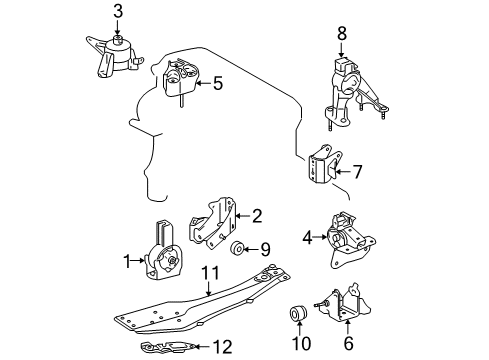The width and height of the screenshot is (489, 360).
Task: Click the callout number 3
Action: pos(118,11)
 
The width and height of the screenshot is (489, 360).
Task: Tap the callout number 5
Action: pos(217,84)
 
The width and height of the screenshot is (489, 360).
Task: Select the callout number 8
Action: pos(342,33)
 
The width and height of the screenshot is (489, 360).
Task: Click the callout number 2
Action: pos(257,215)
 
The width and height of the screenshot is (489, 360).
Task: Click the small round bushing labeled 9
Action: pos(239,249)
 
